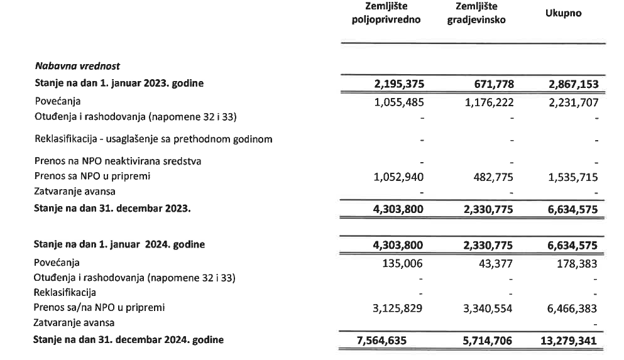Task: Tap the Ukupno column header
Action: point(563,13)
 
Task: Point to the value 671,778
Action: point(489,84)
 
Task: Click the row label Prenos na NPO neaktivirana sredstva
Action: point(118,161)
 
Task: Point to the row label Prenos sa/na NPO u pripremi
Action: point(102,308)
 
